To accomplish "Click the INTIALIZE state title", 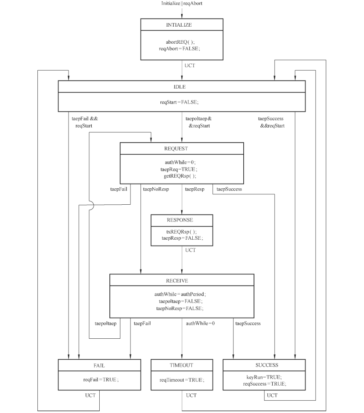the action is (179, 25).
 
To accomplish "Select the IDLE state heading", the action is (180, 87).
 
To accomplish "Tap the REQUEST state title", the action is (176, 149).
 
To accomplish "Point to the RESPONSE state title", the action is (180, 220).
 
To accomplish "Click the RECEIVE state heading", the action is (177, 281).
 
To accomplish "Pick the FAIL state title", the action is (99, 366).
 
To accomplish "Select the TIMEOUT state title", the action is (181, 365).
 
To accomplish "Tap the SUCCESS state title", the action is (267, 365).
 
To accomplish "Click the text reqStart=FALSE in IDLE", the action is (179, 102).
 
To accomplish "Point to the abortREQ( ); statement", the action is (180, 42).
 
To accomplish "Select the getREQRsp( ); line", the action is (180, 176).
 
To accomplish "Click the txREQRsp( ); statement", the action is (181, 232).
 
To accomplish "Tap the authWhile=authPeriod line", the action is (180, 294).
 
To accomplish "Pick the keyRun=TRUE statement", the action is (264, 377).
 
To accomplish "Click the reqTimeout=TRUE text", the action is (182, 380).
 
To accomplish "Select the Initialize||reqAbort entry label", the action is (182, 3).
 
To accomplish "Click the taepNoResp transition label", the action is (156, 189).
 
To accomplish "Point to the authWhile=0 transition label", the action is (200, 323).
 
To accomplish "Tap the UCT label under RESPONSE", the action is (191, 250).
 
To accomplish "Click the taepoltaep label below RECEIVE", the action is (105, 323).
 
